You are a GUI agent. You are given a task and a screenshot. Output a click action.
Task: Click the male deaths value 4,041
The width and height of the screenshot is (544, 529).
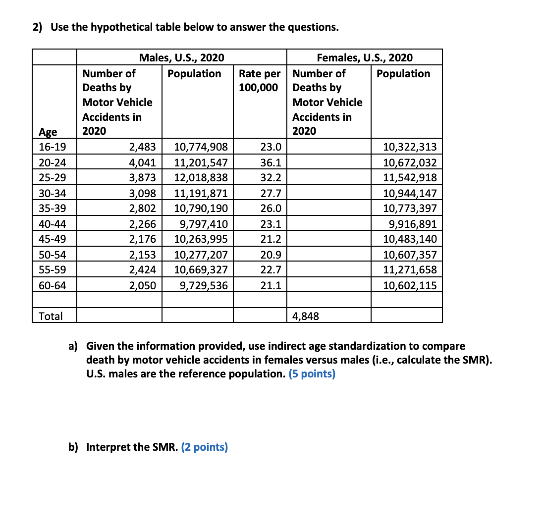coord(143,162)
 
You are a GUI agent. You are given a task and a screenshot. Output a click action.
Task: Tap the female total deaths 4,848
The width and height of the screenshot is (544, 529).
coord(306,316)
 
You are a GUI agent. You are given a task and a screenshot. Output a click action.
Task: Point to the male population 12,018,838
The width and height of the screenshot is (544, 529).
coord(201,178)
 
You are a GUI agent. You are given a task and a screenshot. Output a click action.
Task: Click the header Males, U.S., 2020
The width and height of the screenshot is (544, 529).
coord(181,58)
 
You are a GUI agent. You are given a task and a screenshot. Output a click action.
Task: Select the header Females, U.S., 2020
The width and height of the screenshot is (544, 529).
coord(364,58)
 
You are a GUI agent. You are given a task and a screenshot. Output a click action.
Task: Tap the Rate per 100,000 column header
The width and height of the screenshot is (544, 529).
coord(260,81)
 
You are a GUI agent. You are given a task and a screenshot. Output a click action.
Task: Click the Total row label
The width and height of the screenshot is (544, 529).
coord(51,316)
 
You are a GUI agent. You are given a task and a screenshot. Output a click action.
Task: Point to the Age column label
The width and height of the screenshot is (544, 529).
coord(48,132)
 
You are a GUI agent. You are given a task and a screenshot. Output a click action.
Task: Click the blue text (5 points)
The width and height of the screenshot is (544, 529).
coord(312,373)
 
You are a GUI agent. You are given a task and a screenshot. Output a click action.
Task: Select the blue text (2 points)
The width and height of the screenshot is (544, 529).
coord(204,447)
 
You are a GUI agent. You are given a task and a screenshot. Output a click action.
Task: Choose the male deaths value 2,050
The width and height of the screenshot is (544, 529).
coord(143,286)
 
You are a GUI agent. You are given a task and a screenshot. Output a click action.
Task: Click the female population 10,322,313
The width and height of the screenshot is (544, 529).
coord(410,147)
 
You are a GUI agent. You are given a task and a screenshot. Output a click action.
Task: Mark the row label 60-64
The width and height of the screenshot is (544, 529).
coord(52,286)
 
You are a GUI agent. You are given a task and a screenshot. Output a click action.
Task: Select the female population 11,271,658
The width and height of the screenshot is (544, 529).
coord(410,270)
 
